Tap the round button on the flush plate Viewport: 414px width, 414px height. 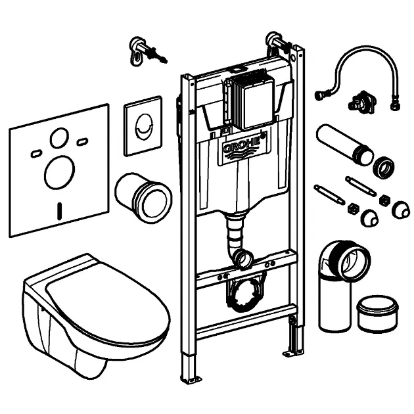(143, 122)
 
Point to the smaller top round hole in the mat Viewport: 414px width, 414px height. (58, 137)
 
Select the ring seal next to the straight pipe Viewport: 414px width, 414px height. (383, 168)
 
